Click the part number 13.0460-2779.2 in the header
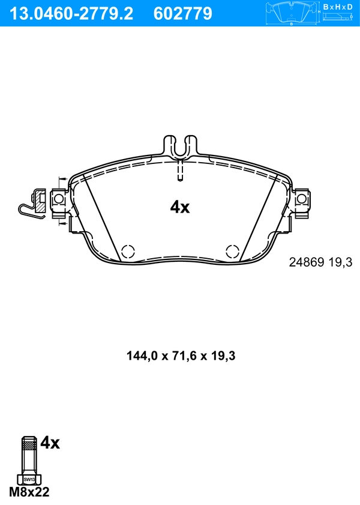[x=70, y=13]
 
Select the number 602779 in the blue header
[x=183, y=13]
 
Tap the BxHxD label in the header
[x=338, y=7]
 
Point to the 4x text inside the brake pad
[x=179, y=208]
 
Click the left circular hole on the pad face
[x=128, y=252]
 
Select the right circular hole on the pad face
[x=232, y=252]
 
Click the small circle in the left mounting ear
[x=58, y=199]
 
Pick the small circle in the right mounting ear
[x=301, y=199]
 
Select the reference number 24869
[x=307, y=262]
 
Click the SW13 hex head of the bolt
[x=28, y=479]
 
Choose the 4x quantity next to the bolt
[x=50, y=444]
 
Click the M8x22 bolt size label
[x=29, y=493]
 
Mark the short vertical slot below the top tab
[x=179, y=172]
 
